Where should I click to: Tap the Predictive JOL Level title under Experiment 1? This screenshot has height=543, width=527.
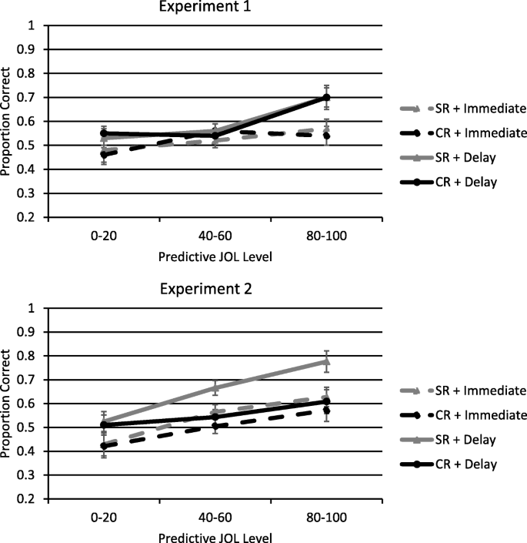tap(215, 252)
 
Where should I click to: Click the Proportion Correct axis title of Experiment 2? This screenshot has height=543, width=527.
tap(8, 404)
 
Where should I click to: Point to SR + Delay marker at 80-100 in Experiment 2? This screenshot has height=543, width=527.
tap(326, 361)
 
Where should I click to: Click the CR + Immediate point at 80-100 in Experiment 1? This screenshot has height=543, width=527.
tap(326, 136)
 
